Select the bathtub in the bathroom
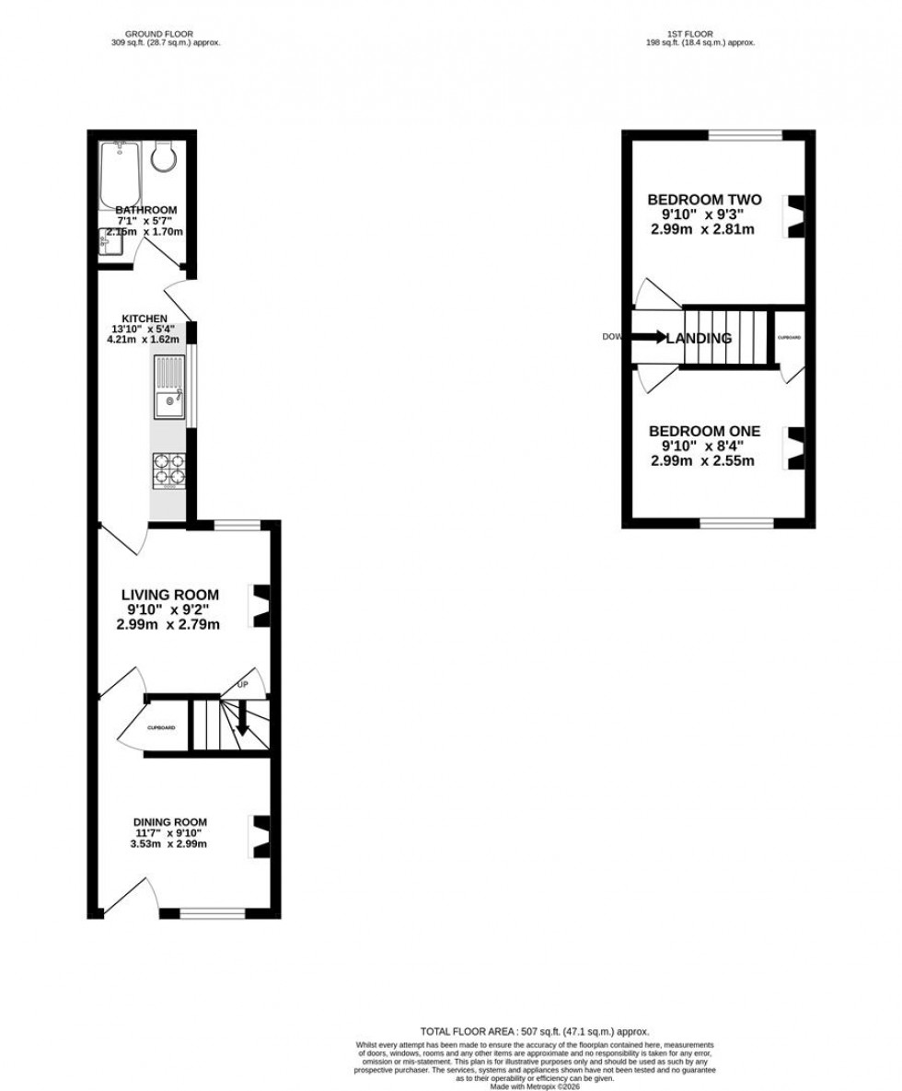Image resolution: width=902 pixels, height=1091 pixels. click(121, 174)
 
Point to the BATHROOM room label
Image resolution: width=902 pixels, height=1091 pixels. click(145, 211)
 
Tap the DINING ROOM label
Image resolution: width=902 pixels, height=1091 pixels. click(169, 822)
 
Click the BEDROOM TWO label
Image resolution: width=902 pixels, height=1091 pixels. click(705, 200)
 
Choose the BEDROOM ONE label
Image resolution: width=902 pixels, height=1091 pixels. click(705, 431)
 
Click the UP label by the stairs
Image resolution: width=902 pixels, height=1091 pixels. click(243, 685)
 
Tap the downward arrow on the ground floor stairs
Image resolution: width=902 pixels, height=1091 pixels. click(243, 719)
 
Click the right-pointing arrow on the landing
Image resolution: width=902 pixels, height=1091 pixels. click(648, 337)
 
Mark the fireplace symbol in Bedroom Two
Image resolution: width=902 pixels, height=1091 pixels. click(793, 217)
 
